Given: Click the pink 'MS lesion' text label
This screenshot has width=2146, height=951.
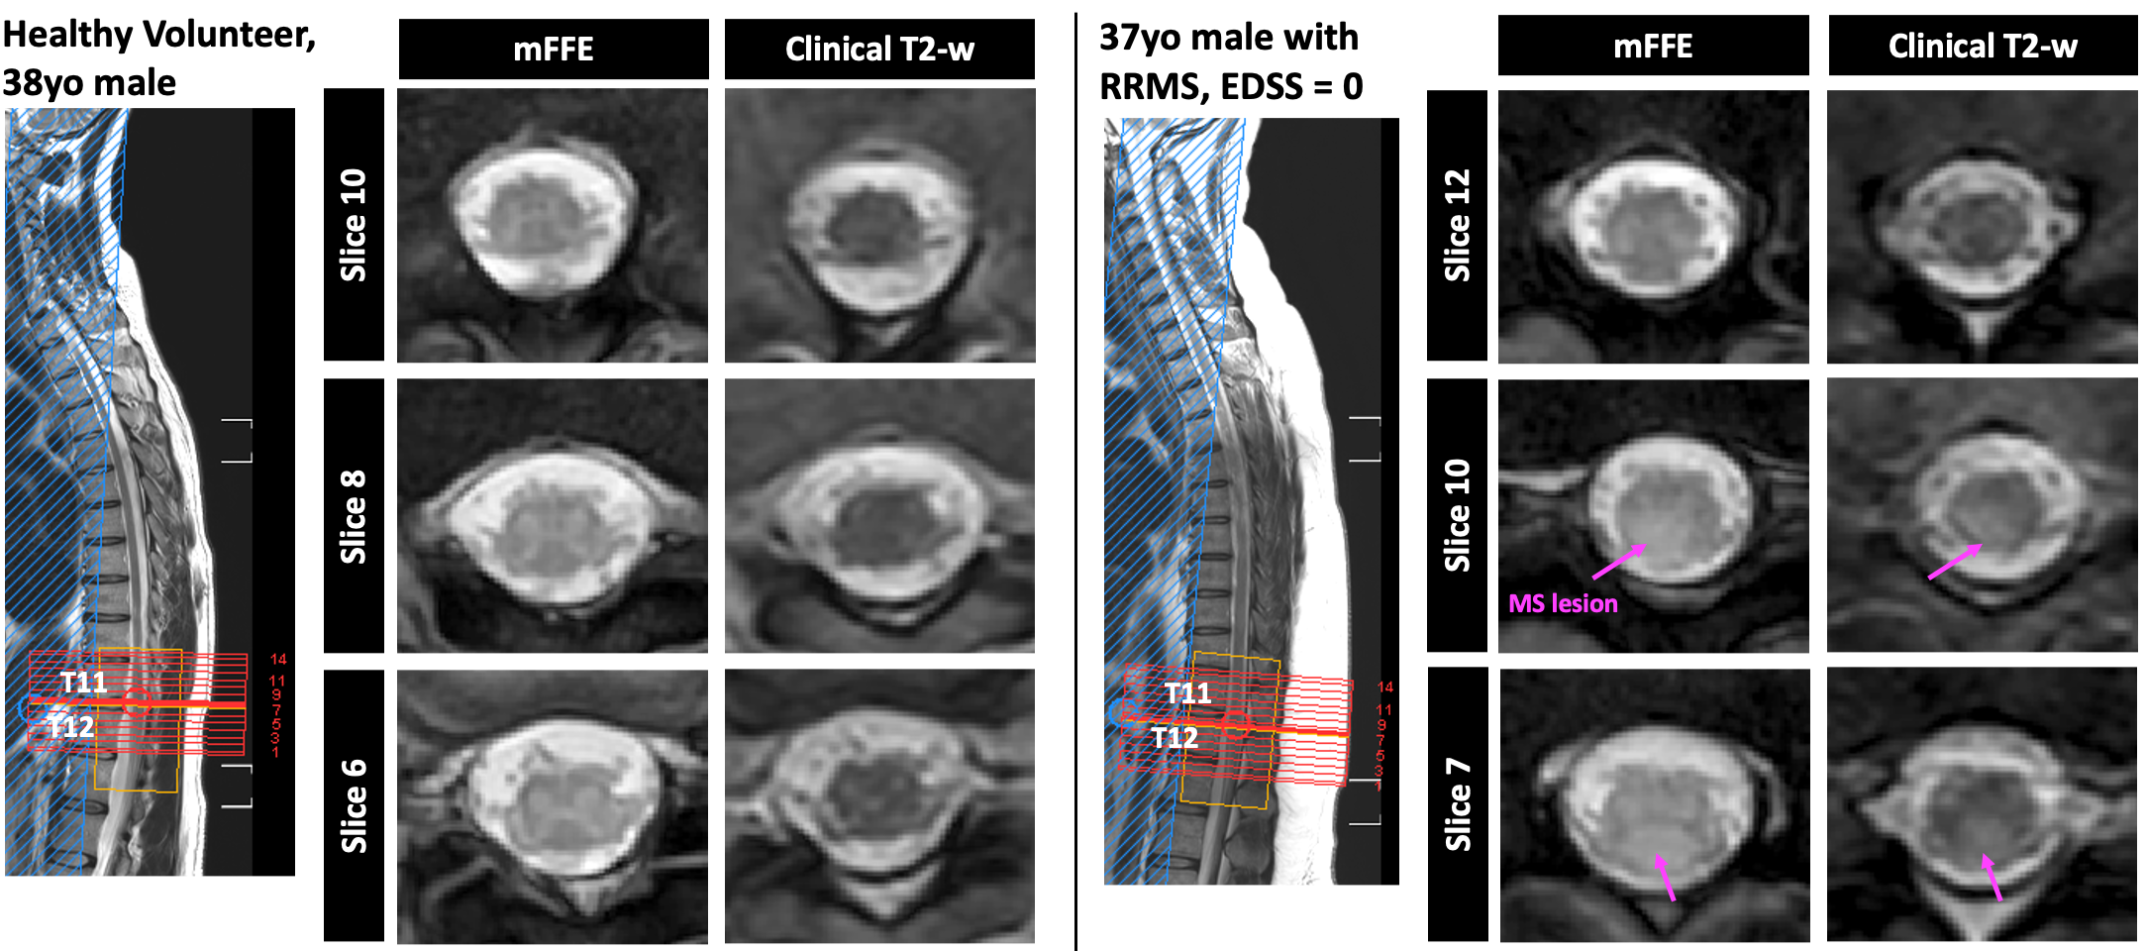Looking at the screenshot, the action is point(1563,603).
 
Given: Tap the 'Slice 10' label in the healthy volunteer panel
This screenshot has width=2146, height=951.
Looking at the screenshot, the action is point(354,225).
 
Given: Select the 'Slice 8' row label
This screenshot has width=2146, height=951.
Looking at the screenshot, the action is point(354,516).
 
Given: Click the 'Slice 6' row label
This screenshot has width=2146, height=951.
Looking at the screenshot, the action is point(354,805).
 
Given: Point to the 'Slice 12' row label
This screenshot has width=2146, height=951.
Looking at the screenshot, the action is point(1457,225).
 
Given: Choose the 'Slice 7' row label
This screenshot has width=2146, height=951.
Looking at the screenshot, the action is point(1457,804).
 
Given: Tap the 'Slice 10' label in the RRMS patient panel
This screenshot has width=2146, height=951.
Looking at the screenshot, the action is point(1457,515).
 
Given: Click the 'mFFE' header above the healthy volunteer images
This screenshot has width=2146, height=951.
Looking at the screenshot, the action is point(554,49).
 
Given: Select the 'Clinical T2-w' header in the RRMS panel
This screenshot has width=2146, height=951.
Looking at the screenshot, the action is point(1983,47).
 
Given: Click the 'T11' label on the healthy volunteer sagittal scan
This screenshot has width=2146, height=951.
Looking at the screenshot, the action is point(83,682).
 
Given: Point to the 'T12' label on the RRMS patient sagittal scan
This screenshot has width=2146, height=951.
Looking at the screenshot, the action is point(1175,738).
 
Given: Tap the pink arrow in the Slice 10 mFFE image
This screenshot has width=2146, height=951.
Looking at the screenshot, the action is point(1618,562).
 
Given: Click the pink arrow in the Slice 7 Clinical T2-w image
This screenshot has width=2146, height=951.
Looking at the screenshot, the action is point(1992,877).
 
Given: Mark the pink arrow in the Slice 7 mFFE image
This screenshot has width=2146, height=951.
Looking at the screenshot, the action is point(1666,878).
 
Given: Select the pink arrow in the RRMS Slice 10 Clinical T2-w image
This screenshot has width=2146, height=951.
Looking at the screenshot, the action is point(1955,562).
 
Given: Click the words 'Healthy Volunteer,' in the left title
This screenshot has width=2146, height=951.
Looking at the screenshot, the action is point(158,35).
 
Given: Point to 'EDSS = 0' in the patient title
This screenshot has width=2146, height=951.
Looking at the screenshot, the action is point(1291,87).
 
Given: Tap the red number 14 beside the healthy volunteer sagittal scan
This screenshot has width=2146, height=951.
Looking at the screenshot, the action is point(278,659).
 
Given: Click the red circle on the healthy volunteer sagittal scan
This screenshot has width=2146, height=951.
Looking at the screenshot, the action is point(138,701).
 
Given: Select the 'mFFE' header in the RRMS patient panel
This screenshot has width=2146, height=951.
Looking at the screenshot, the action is point(1653,47).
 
